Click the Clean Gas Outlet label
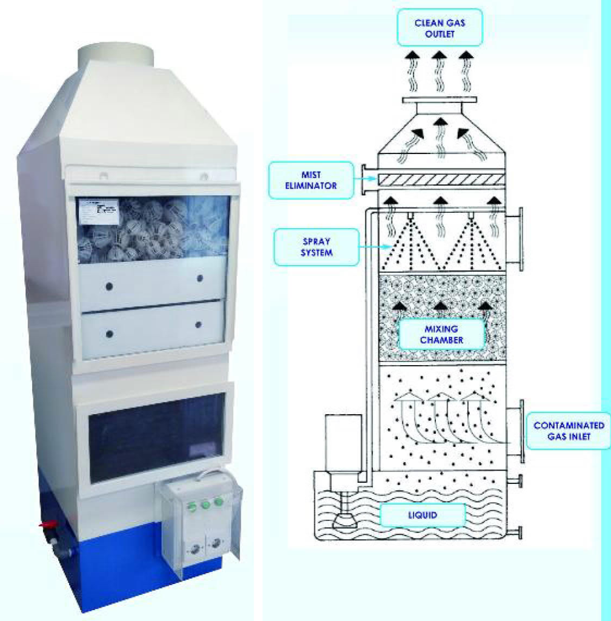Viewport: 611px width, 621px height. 440,27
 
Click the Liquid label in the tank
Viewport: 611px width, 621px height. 423,516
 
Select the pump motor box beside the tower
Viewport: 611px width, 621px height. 344,441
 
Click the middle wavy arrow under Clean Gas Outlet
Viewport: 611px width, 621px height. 440,70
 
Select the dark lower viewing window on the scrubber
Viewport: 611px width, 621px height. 156,436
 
